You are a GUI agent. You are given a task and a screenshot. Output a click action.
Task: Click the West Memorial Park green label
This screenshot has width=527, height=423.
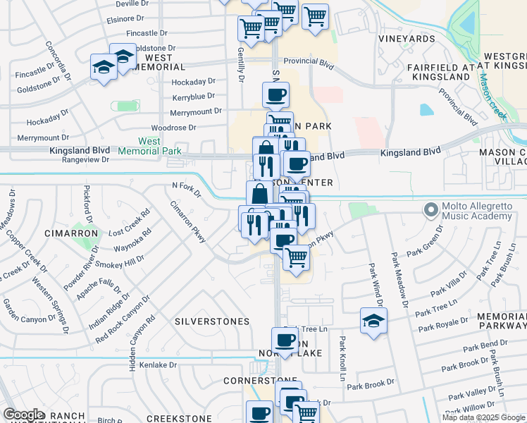149,146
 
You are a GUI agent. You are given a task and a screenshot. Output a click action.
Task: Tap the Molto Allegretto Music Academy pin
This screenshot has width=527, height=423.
430,209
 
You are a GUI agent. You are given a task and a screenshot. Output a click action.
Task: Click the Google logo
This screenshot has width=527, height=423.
23,415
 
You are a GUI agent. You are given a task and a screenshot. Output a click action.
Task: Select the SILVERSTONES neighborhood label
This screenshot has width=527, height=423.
211,321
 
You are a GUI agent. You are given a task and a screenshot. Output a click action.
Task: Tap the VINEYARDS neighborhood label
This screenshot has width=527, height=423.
407,39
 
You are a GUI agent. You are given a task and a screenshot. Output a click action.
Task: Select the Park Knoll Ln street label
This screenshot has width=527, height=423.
342,358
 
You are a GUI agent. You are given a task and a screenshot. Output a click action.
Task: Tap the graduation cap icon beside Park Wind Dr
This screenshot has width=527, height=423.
373,321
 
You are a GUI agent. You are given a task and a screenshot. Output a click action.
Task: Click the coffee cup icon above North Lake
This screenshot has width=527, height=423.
285,340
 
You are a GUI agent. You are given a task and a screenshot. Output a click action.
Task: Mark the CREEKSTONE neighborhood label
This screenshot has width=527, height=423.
179,419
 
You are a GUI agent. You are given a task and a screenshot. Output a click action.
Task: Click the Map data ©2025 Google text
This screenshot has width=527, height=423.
484,417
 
